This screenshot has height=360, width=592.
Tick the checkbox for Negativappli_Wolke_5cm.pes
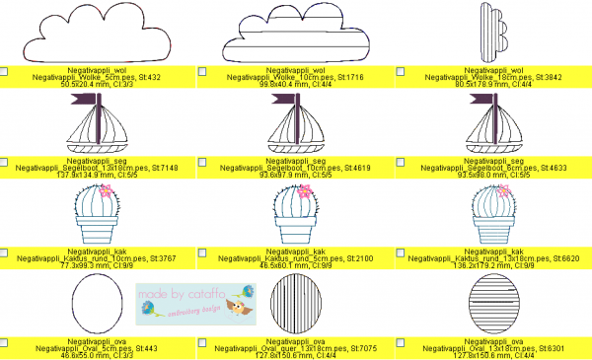tap(5, 72)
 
